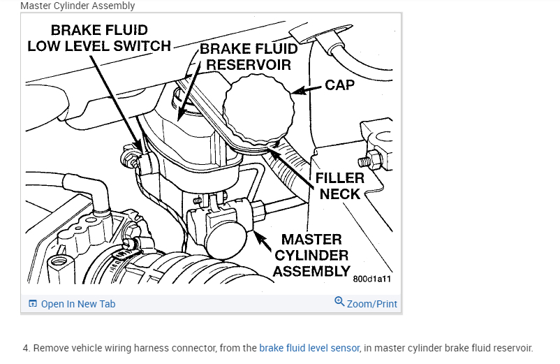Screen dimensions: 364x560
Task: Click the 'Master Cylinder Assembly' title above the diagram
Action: coord(78,6)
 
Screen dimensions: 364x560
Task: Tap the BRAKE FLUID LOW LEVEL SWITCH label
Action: coord(98,38)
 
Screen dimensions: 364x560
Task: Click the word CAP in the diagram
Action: coord(339,86)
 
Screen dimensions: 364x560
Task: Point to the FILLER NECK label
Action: coord(340,185)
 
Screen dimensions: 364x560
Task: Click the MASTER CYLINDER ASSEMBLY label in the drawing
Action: coord(311,255)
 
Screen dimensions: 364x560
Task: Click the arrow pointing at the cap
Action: coord(307,89)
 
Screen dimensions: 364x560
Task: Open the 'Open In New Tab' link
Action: coord(78,304)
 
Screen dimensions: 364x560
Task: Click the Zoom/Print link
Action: coord(371,304)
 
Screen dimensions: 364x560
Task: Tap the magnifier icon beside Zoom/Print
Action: coord(339,302)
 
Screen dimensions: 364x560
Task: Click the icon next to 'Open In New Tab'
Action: coord(32,304)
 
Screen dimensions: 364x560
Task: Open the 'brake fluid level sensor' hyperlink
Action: coord(309,348)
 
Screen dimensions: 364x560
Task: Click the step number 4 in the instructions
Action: coord(26,348)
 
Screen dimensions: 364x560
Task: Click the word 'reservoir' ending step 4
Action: coord(513,348)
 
